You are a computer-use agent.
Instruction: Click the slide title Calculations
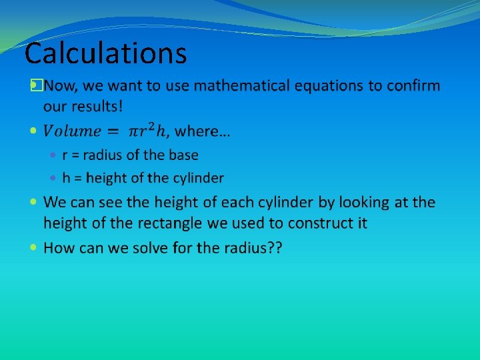(105, 53)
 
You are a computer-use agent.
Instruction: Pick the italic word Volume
(72, 132)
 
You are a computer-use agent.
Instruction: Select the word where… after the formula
(203, 132)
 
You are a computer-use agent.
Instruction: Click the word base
(183, 155)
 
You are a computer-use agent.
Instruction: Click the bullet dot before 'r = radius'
(55, 156)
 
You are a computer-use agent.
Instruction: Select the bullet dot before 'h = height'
(55, 179)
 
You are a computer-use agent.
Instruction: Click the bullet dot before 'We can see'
(35, 201)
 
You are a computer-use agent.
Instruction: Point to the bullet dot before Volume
(35, 132)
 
